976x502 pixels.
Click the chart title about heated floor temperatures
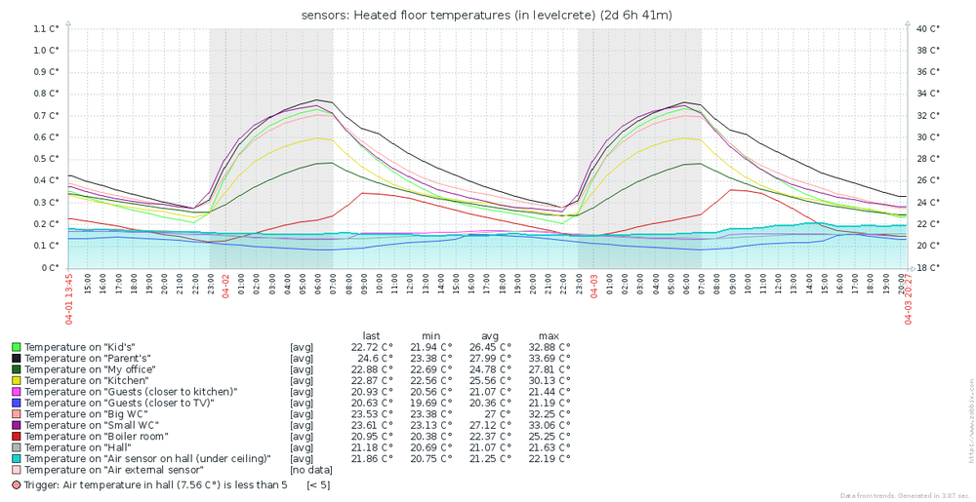pos(487,14)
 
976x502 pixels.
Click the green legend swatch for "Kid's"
pos(16,346)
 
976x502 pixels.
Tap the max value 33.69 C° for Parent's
pos(549,358)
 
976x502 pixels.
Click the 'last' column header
pos(371,335)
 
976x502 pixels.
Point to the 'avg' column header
pos(489,335)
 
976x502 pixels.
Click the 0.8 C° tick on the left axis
pos(46,94)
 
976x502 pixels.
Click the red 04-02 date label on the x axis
pos(225,285)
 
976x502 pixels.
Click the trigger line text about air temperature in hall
pos(155,484)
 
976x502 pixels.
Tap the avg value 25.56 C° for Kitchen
pos(490,380)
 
